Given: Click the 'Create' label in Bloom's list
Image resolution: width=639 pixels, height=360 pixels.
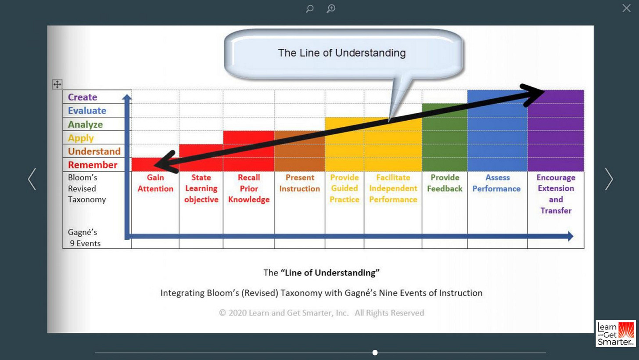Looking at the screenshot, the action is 83,97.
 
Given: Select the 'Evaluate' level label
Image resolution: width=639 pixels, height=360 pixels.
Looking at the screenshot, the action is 87,111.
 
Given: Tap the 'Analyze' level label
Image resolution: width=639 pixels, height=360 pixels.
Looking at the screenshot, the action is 85,124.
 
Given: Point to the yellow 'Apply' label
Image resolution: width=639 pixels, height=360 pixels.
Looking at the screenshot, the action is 81,138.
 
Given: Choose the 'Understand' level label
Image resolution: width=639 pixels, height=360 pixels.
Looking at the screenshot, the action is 94,151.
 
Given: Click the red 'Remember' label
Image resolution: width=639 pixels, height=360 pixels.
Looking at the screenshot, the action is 93,165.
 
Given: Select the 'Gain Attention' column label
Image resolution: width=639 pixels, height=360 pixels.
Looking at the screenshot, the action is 155,183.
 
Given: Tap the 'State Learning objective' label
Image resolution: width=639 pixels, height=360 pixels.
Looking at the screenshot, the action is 201,188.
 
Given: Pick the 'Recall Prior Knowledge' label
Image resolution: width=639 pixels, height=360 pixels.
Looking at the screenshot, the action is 248,188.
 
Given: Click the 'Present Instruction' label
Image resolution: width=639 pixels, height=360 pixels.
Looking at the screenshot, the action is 300,183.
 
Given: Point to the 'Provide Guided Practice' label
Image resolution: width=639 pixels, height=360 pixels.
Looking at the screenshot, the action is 345,188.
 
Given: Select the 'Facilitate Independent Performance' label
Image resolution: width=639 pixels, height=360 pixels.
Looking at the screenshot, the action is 393,188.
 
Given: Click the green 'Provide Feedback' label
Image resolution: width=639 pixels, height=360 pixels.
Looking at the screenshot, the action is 445,183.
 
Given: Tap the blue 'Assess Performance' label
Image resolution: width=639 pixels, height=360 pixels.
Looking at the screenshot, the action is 497,183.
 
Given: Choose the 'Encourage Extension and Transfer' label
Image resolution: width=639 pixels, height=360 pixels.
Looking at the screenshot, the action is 556,194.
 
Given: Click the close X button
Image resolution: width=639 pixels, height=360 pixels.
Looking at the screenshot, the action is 626,8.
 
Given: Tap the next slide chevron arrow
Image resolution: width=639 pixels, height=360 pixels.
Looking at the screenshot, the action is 609,179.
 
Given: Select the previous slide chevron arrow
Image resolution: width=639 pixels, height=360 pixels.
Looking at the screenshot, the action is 32,179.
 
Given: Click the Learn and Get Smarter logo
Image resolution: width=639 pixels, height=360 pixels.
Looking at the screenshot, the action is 615,333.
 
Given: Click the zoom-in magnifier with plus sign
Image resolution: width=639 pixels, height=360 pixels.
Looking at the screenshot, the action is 331,8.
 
